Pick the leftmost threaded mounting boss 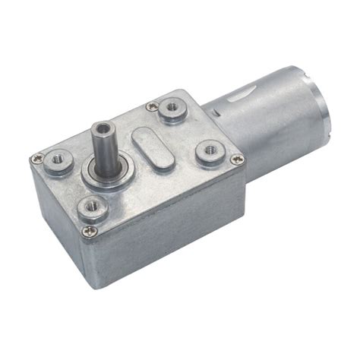point(58,161)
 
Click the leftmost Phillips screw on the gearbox point(36,160)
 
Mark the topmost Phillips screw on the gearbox point(154,106)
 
